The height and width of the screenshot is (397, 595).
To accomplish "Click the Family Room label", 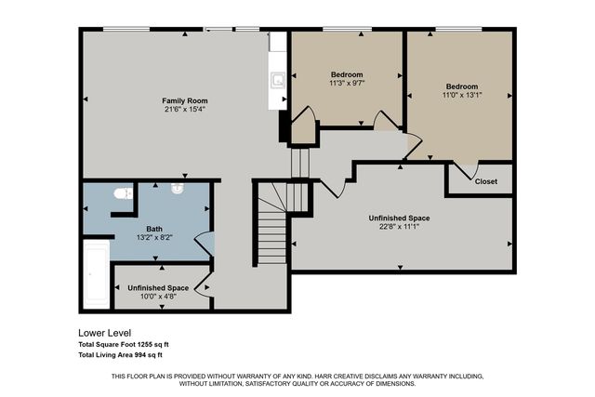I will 184,100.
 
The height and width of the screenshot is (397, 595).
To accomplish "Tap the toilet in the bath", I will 120,193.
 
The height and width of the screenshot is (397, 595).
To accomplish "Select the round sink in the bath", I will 178,187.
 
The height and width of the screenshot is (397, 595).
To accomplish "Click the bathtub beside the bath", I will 97,274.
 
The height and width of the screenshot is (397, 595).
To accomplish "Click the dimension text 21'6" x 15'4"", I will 184,110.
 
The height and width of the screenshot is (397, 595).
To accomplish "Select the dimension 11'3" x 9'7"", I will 347,84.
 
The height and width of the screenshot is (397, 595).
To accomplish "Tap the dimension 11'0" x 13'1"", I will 460,94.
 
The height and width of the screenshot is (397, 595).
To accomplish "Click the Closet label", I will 486,181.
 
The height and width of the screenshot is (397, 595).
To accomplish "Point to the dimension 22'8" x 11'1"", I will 403,227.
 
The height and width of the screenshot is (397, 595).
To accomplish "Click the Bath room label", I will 154,229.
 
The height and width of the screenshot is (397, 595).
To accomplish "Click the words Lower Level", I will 105,332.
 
